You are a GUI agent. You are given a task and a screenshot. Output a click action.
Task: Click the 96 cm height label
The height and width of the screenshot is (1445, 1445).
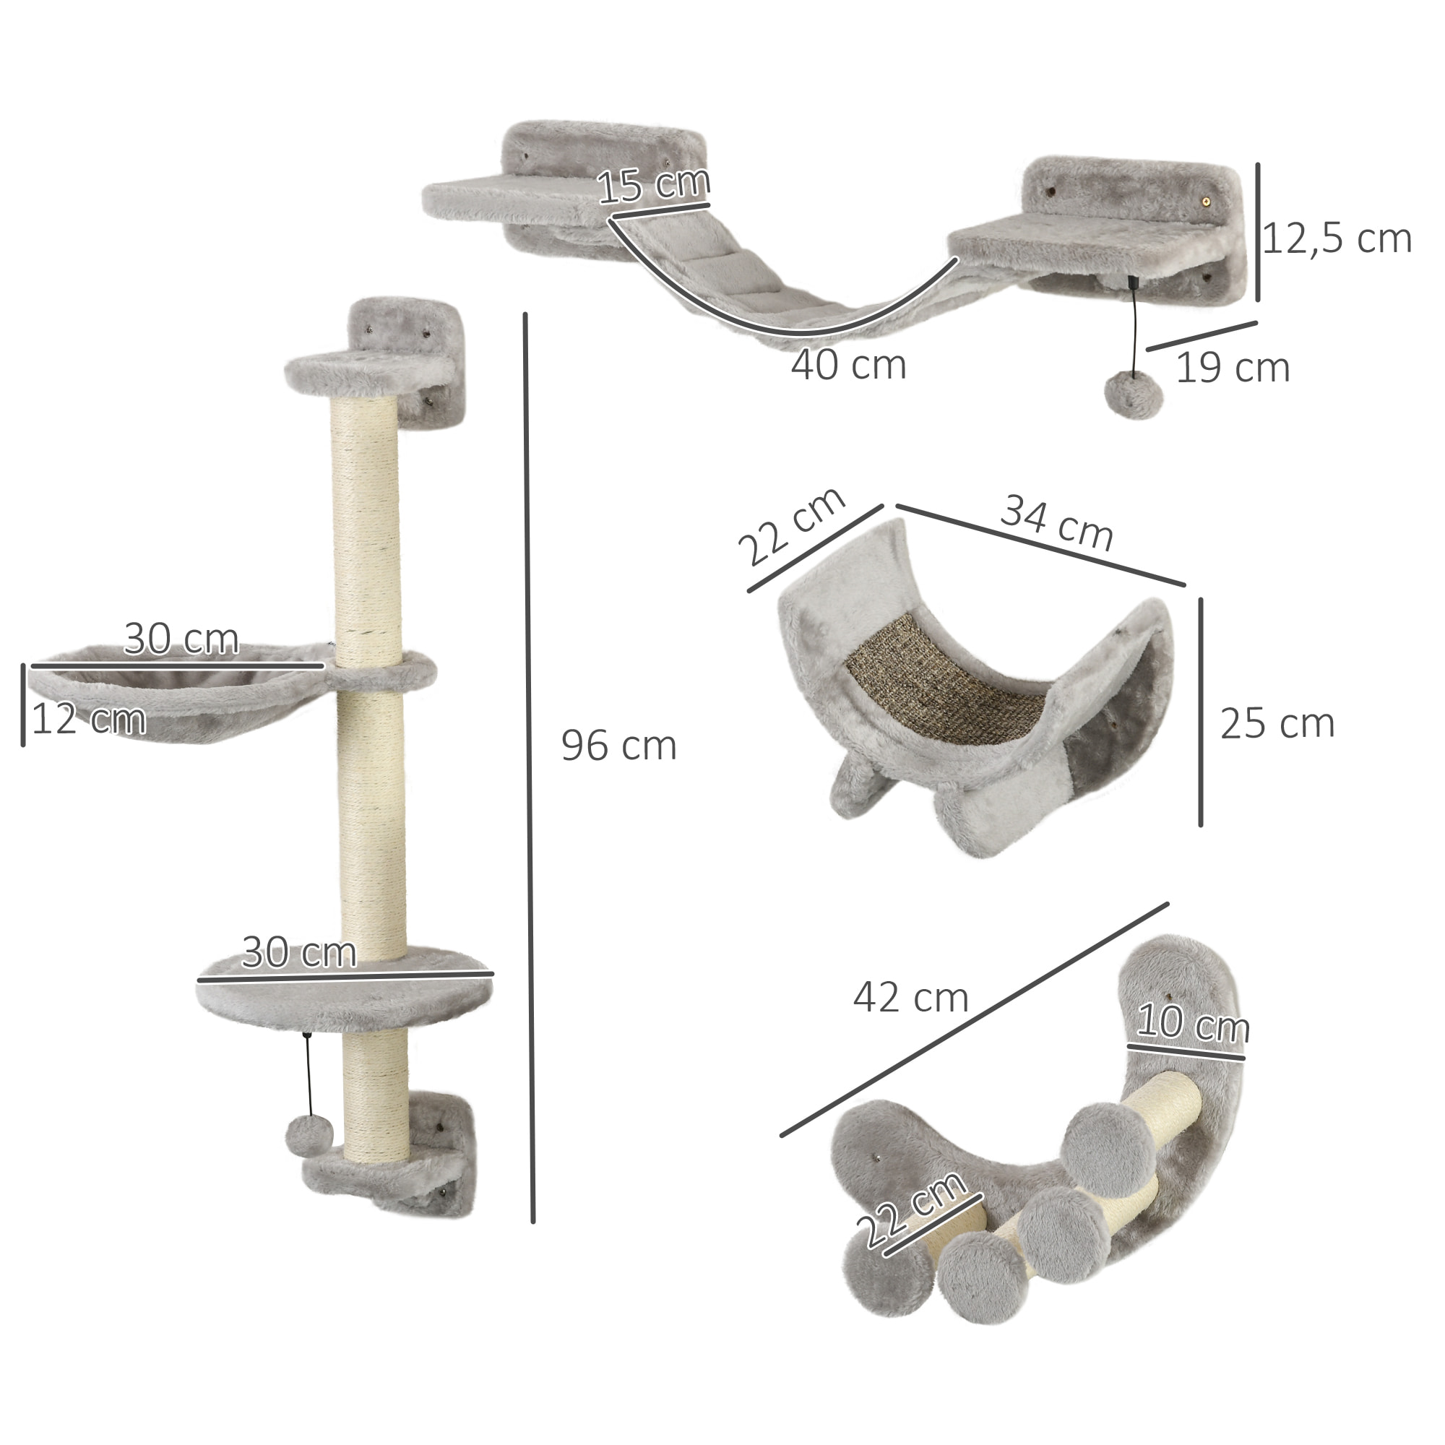pyautogui.click(x=618, y=746)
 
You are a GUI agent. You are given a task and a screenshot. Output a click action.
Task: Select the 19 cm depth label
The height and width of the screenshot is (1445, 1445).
pyautogui.click(x=1233, y=368)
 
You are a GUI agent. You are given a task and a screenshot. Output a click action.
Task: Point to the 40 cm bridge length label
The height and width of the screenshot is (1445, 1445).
pyautogui.click(x=848, y=366)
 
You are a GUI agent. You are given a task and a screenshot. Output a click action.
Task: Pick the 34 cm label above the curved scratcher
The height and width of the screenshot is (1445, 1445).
pyautogui.click(x=1056, y=523)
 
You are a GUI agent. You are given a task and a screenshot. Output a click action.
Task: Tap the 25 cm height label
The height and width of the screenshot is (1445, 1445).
pyautogui.click(x=1277, y=724)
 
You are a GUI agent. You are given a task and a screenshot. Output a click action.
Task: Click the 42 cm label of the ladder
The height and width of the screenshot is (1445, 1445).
pyautogui.click(x=910, y=998)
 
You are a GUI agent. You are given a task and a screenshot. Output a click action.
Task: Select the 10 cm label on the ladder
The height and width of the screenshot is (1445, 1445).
pyautogui.click(x=1192, y=1024)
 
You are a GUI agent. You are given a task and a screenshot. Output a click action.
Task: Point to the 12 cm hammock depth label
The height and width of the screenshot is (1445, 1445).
pyautogui.click(x=88, y=720)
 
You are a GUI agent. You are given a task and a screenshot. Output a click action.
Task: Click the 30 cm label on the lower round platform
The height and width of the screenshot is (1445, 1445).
pyautogui.click(x=299, y=954)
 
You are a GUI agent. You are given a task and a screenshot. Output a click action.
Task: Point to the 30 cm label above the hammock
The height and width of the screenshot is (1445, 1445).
pyautogui.click(x=181, y=639)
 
